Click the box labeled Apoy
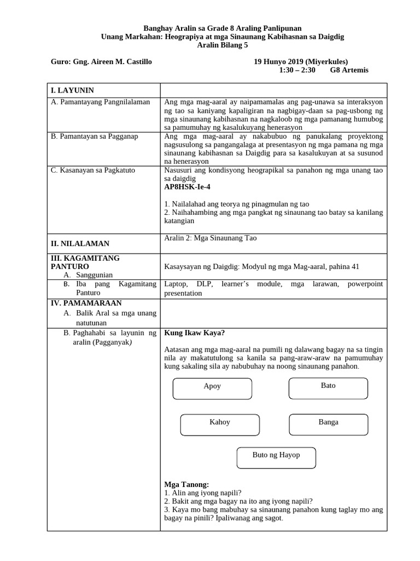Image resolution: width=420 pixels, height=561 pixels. tap(212, 388)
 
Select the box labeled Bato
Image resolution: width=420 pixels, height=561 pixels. tap(328, 387)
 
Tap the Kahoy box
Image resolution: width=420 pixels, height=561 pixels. tap(220, 424)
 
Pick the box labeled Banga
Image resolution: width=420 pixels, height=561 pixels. tap(329, 424)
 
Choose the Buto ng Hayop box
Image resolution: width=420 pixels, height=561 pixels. tap(276, 457)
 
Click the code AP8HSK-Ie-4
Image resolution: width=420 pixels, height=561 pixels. tap(188, 187)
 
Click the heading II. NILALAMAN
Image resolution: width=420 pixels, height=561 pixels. tap(80, 244)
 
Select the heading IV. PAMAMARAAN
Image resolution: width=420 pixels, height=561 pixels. tap(86, 303)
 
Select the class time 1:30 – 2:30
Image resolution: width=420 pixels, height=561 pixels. tap(297, 71)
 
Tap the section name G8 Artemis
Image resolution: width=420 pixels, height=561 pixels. tap(349, 71)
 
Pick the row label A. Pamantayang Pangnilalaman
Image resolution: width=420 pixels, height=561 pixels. tap(100, 102)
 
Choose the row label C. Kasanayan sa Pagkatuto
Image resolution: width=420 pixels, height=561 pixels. tap(93, 170)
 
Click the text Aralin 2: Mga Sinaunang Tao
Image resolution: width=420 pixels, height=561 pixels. tap(211, 238)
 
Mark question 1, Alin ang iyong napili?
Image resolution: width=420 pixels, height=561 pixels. tap(203, 493)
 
